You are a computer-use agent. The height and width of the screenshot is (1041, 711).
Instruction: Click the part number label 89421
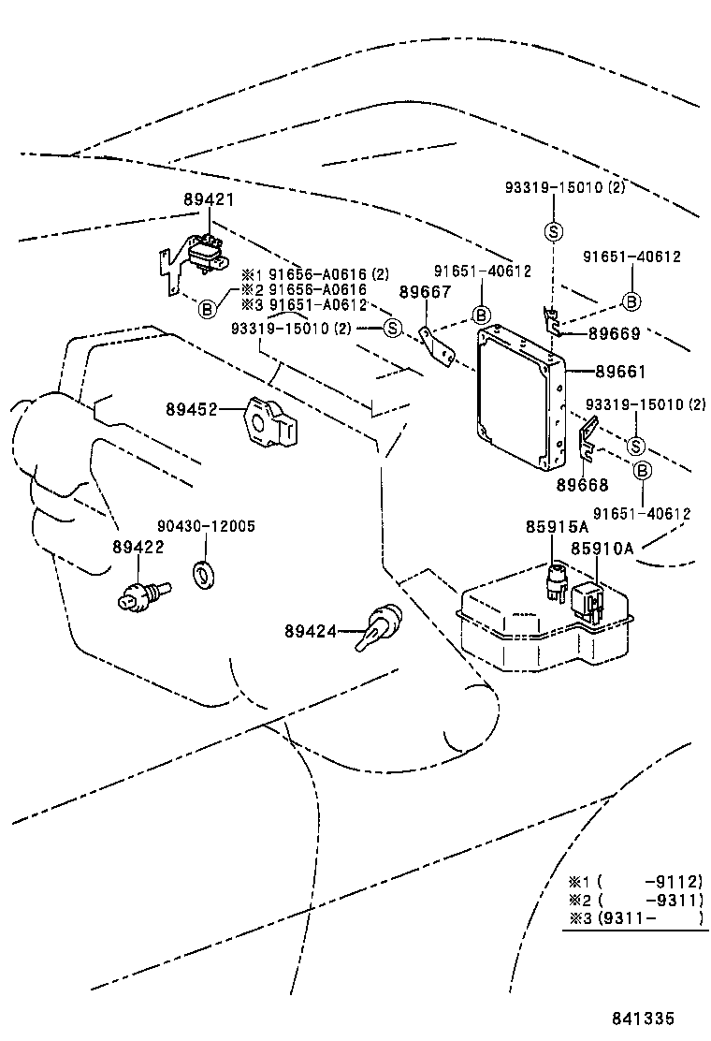pyautogui.click(x=209, y=200)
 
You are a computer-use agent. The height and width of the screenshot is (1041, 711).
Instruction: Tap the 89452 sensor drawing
pyautogui.click(x=270, y=421)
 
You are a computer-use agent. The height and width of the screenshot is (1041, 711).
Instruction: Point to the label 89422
pyautogui.click(x=138, y=548)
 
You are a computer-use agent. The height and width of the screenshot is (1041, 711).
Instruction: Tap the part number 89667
pyautogui.click(x=426, y=292)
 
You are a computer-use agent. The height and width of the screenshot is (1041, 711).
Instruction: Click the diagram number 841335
pyautogui.click(x=644, y=1019)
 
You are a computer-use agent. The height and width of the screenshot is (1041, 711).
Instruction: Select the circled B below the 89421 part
pyautogui.click(x=208, y=307)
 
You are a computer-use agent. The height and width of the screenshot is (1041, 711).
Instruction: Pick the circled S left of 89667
pyautogui.click(x=392, y=328)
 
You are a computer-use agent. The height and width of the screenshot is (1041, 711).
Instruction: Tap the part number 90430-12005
pyautogui.click(x=207, y=527)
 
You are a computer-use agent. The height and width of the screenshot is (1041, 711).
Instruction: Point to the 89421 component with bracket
pyautogui.click(x=198, y=257)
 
